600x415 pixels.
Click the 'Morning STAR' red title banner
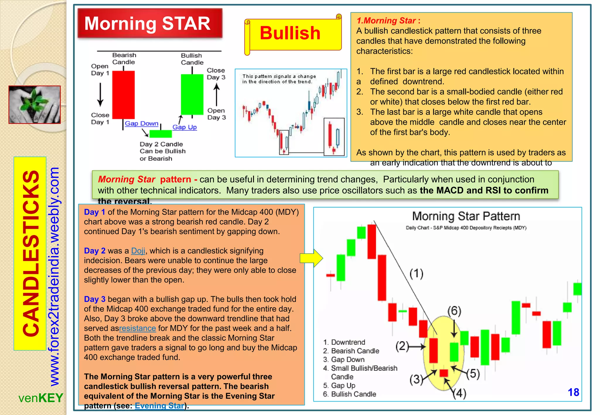click(150, 23)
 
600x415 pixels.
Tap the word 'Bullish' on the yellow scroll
click(290, 33)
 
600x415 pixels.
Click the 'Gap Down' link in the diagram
click(142, 124)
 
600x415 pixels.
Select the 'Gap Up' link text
click(185, 127)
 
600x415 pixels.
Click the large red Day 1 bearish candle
click(123, 95)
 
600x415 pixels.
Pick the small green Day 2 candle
click(161, 134)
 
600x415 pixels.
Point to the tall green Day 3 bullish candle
click(192, 94)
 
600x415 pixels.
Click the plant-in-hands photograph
click(35, 104)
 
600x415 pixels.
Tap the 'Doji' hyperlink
click(138, 251)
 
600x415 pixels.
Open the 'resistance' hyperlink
click(137, 328)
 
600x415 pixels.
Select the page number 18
click(573, 392)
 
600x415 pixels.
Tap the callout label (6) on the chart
click(454, 311)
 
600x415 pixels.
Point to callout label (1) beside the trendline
click(416, 274)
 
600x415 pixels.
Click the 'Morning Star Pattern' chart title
click(466, 216)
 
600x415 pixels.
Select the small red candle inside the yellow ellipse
click(444, 373)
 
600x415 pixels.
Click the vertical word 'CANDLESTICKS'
click(30, 253)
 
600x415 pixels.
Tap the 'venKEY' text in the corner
click(41, 398)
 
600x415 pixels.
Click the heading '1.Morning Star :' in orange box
click(388, 21)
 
